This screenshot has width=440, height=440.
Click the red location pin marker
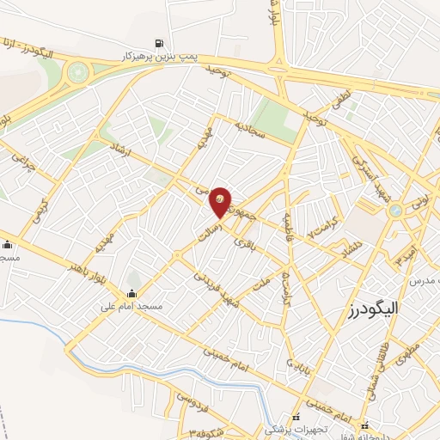click(x=221, y=201)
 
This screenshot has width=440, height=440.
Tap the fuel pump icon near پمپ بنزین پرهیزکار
click(x=158, y=43)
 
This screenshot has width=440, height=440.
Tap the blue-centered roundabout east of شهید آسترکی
click(x=395, y=211)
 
